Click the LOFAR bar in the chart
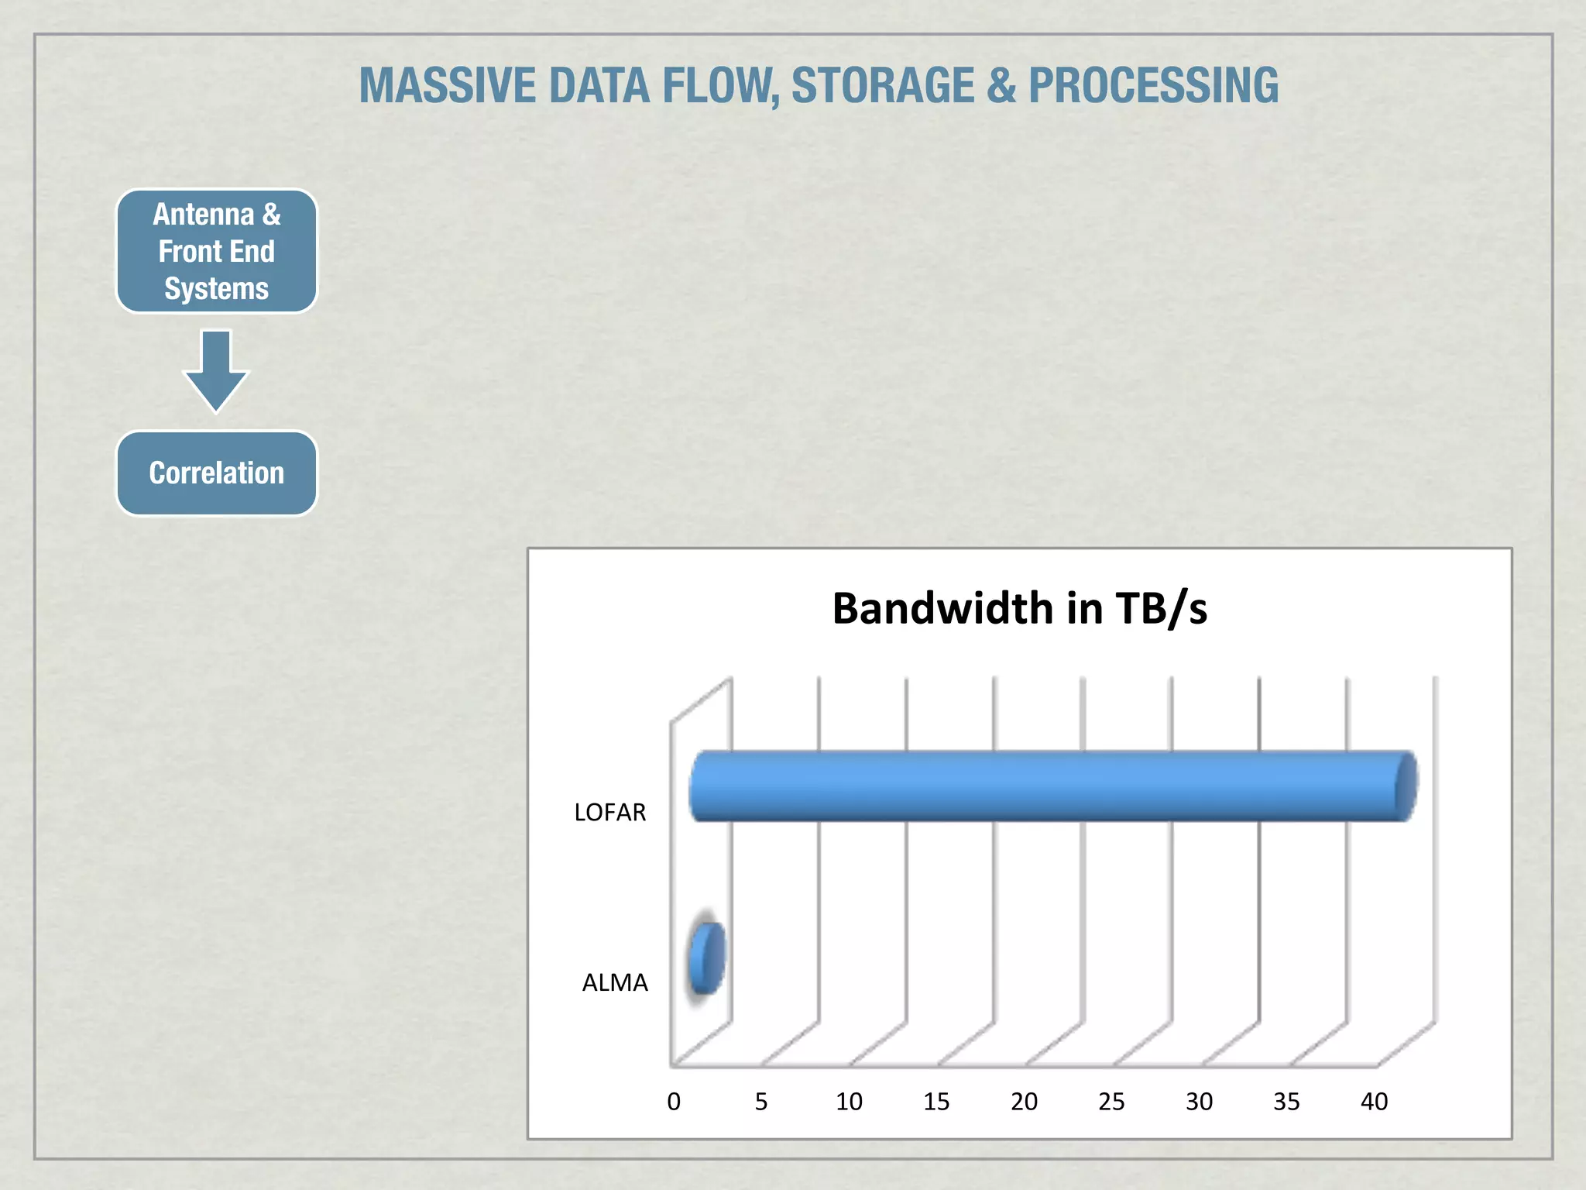pyautogui.click(x=1053, y=786)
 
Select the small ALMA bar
pyautogui.click(x=706, y=958)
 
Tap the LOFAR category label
pyautogui.click(x=609, y=812)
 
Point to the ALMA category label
pyautogui.click(x=614, y=982)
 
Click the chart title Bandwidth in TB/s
pyautogui.click(x=1019, y=608)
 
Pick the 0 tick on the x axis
pyautogui.click(x=674, y=1102)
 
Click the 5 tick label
pyautogui.click(x=761, y=1102)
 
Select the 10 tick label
pyautogui.click(x=849, y=1102)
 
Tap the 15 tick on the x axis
pyautogui.click(x=936, y=1102)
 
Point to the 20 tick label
pyautogui.click(x=1024, y=1102)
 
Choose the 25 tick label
pyautogui.click(x=1111, y=1102)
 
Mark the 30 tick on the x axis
pyautogui.click(x=1199, y=1102)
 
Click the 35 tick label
pyautogui.click(x=1286, y=1102)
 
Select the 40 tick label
pyautogui.click(x=1374, y=1102)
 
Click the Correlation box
pyautogui.click(x=217, y=473)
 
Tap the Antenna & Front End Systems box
pyautogui.click(x=217, y=251)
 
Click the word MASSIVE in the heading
pyautogui.click(x=446, y=85)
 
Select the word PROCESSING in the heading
pyautogui.click(x=1153, y=85)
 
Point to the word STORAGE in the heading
pyautogui.click(x=882, y=85)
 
